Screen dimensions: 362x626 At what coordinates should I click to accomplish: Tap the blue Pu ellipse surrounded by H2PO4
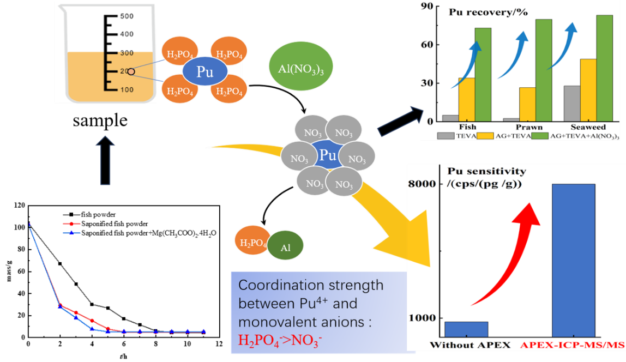204,73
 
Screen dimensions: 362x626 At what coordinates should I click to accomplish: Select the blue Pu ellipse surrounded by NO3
328,156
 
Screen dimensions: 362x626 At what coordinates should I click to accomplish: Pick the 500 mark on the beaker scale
127,16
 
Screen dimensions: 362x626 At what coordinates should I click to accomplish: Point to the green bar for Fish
483,74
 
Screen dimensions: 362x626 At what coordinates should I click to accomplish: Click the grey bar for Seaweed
572,104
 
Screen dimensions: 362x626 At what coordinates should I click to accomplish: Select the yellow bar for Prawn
528,104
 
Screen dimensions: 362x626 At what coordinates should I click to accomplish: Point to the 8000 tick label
423,184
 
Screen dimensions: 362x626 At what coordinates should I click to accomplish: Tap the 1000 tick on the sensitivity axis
423,318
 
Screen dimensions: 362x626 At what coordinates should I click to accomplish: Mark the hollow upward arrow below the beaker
108,160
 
